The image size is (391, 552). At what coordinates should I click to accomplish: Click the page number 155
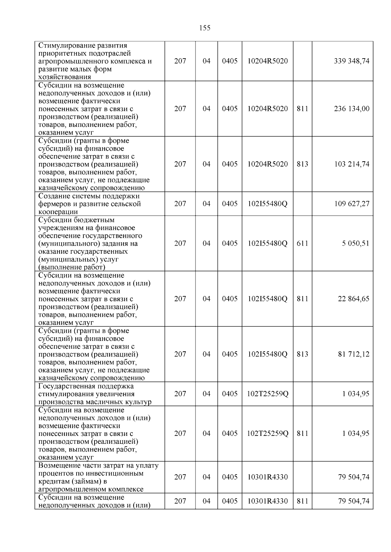[x=205, y=28]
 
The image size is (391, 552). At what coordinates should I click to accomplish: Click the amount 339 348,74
[x=352, y=61]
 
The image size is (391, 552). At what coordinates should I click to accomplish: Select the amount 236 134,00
[x=352, y=109]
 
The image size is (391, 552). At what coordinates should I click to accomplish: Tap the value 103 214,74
[x=352, y=164]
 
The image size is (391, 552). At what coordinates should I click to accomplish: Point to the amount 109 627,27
[x=352, y=204]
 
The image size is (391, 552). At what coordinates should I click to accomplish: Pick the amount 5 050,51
[x=355, y=243]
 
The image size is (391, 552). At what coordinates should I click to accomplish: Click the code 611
[x=302, y=243]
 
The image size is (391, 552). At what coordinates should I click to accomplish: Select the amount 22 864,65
[x=354, y=299]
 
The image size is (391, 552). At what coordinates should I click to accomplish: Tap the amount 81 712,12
[x=354, y=354]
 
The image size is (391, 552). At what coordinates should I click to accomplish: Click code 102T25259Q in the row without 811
[x=268, y=394]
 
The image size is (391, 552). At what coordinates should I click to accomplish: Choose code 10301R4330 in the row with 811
[x=268, y=501]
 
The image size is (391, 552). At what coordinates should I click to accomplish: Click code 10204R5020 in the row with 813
[x=268, y=164]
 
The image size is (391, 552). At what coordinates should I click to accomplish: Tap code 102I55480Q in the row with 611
[x=268, y=243]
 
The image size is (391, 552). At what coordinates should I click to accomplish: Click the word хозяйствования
[x=65, y=77]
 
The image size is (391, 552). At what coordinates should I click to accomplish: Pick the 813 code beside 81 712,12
[x=302, y=354]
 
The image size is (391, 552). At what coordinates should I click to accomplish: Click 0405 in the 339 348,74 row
[x=230, y=61]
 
